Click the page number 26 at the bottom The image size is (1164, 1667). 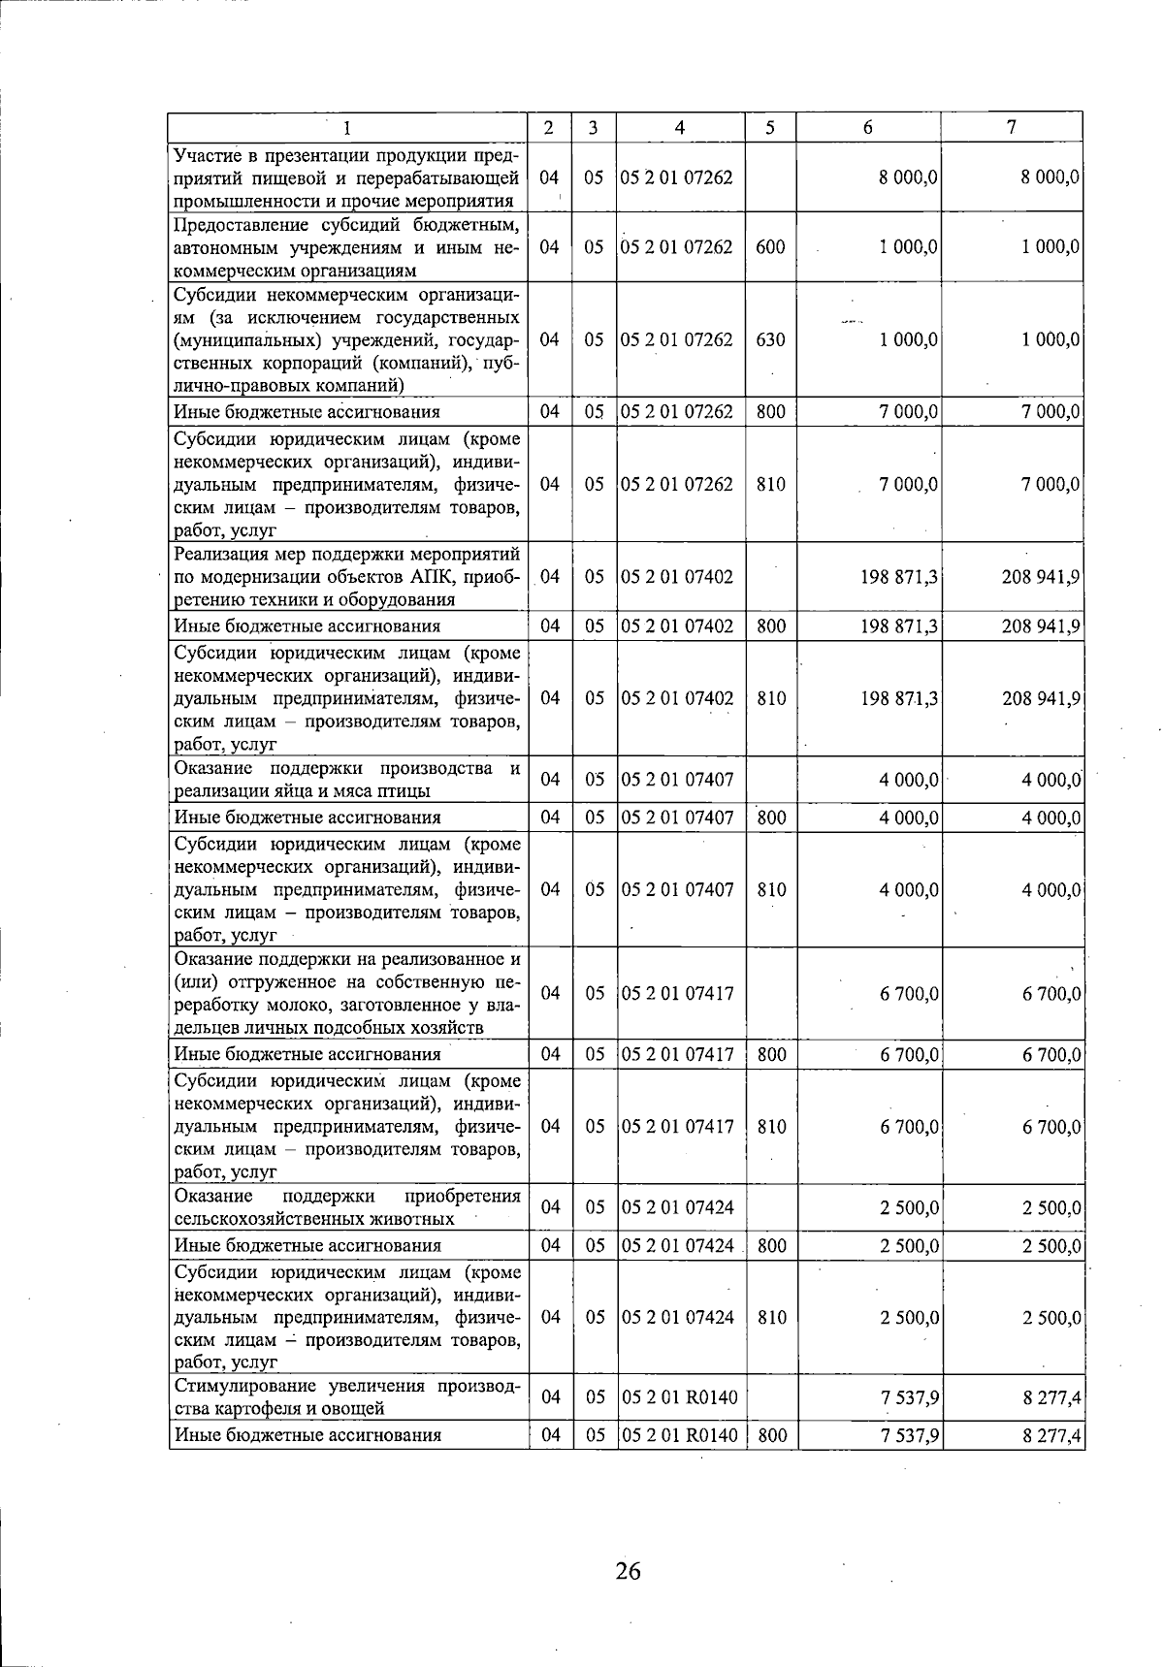tap(628, 1570)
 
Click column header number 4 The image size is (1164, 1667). tap(680, 128)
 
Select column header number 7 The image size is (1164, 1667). tap(1012, 128)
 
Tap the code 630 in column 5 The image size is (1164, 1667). tap(770, 340)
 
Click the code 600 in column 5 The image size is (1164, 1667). tap(770, 247)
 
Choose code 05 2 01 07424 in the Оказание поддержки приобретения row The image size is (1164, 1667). tap(677, 1208)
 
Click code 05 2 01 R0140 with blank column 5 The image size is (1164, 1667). tap(679, 1398)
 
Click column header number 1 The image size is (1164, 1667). tap(347, 128)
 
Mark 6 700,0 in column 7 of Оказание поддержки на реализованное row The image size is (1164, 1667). tap(1051, 994)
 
